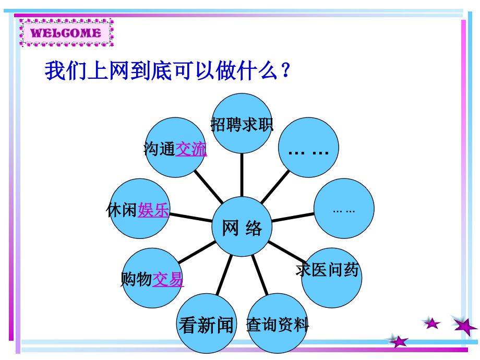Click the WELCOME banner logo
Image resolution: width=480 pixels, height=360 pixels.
[66, 33]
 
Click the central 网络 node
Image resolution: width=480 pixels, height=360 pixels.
[242, 227]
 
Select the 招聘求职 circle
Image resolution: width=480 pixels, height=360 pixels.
[242, 124]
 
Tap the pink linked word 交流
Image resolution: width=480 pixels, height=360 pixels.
[191, 149]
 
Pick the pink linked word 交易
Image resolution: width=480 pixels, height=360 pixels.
[168, 279]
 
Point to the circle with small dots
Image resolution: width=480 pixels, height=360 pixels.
[344, 209]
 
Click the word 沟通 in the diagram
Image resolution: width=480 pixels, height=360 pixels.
[159, 149]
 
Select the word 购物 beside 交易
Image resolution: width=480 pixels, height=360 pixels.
[136, 279]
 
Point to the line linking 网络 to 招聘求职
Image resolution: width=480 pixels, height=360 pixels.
[242, 175]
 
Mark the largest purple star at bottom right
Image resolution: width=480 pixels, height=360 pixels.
[464, 326]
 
